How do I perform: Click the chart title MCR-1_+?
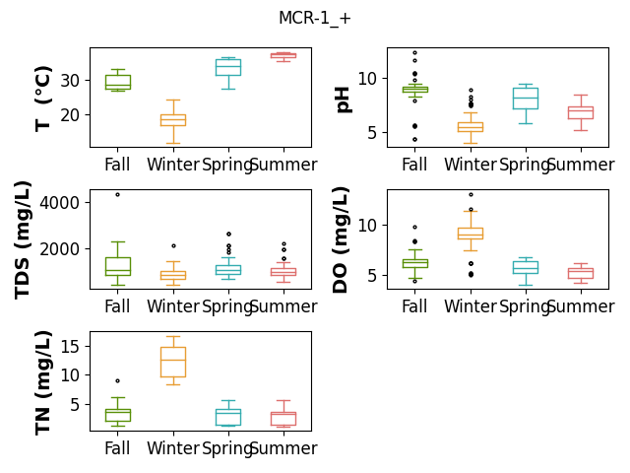click(x=315, y=18)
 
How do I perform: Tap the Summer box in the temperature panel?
click(x=283, y=55)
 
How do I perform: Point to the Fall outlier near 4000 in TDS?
click(x=118, y=195)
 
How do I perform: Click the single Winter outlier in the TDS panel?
click(x=173, y=245)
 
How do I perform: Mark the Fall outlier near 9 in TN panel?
click(x=118, y=381)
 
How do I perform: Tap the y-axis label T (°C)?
click(x=43, y=99)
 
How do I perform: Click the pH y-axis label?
click(x=343, y=101)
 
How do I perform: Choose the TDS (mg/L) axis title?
click(x=23, y=240)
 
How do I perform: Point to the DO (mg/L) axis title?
click(x=340, y=240)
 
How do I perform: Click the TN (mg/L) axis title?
click(x=43, y=383)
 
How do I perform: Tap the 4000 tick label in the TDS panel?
click(x=59, y=203)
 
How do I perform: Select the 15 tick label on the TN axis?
click(x=70, y=346)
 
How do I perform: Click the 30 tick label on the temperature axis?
click(x=70, y=81)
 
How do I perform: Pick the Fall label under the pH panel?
click(x=414, y=165)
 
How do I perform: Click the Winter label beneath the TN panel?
click(x=173, y=448)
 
